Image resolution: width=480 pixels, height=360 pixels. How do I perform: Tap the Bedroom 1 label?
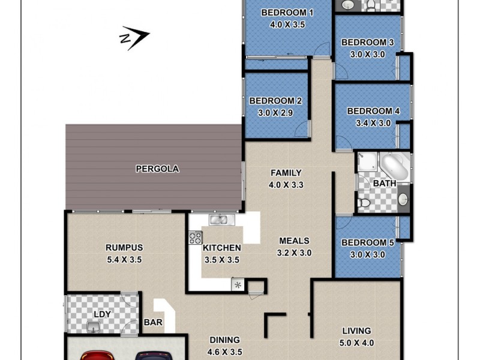coord(287,13)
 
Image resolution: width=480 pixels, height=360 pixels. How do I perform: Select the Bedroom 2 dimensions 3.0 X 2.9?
coord(275,112)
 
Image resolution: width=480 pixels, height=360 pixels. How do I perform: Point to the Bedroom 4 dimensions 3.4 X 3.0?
coord(369,123)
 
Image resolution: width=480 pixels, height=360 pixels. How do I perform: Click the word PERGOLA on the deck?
coord(157,169)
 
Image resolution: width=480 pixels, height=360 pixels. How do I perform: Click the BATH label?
coord(383,182)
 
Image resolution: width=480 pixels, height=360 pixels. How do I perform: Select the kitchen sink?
coord(218,220)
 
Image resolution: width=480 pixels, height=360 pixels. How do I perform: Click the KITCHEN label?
coord(221,248)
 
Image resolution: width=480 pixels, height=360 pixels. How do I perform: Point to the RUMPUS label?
coord(124,247)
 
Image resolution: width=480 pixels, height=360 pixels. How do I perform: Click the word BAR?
coord(153,323)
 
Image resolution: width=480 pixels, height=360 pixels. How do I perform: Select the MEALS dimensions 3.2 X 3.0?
coord(295,253)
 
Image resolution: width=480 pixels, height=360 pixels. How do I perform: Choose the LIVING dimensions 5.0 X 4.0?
coord(356,343)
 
